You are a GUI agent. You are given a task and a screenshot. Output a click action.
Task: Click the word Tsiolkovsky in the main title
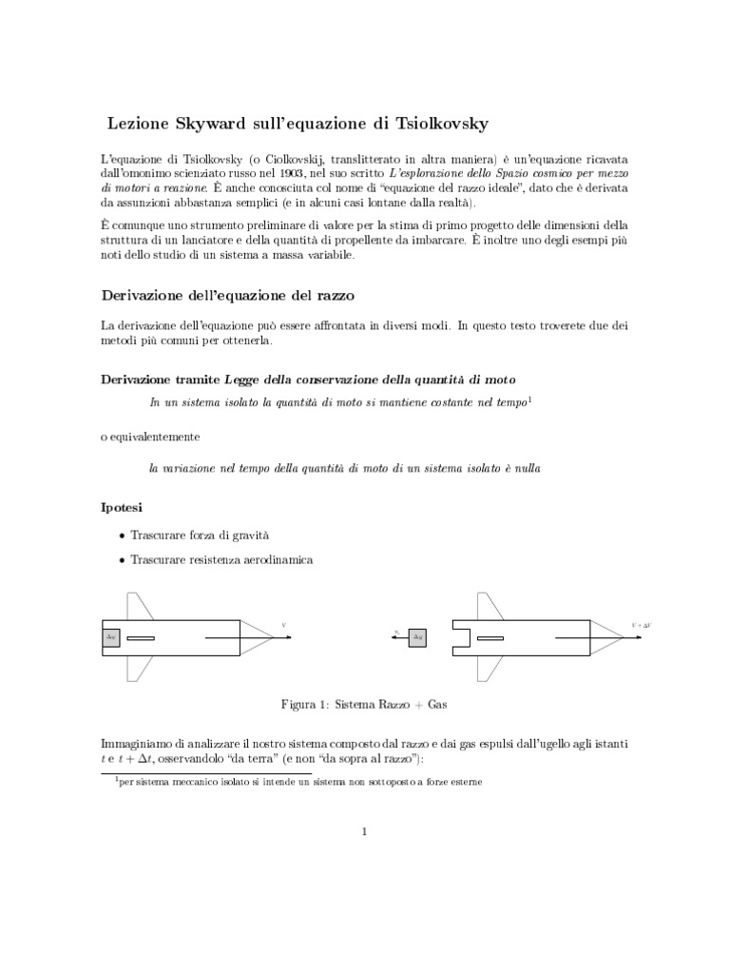click(x=439, y=125)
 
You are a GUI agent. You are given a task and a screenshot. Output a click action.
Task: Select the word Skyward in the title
click(x=211, y=125)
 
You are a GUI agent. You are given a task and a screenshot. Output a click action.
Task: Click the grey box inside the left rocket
click(x=111, y=636)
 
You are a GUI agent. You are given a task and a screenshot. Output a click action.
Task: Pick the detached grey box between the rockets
click(x=416, y=637)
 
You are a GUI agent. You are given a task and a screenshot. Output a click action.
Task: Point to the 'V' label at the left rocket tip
click(x=283, y=625)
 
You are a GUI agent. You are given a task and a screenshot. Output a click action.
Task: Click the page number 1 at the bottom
click(x=364, y=832)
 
